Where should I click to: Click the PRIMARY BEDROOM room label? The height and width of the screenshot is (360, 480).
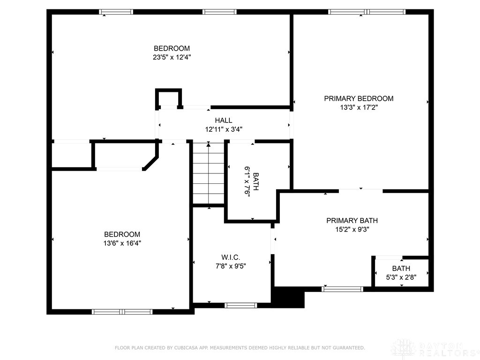coord(359,98)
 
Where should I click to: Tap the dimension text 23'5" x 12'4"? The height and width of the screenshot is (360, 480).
coord(172,57)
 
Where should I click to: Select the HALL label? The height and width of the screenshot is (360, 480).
coord(224,120)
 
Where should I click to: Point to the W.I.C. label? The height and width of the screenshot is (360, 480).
coord(231,257)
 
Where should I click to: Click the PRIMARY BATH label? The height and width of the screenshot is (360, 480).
coord(352,221)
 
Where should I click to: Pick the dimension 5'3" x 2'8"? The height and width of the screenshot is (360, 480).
coord(401,277)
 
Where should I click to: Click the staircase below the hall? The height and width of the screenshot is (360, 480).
coord(209,173)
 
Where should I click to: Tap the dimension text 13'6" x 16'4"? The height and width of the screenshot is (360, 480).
coord(122,243)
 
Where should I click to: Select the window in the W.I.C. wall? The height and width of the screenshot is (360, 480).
coord(240,305)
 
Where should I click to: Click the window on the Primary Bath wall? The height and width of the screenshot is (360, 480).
coord(342,289)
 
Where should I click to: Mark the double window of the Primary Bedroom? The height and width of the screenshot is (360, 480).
coord(367,12)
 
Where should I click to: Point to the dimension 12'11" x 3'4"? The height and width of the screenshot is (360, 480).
coord(224,129)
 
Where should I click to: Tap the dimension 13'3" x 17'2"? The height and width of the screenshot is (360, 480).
coord(359,107)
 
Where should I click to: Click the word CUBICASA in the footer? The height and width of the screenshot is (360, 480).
coord(186,348)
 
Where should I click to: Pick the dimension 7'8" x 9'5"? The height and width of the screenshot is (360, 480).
coord(231,266)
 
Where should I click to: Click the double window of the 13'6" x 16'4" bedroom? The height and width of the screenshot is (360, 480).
coord(122,312)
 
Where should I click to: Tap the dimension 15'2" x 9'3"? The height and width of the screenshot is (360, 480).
coord(352,230)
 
